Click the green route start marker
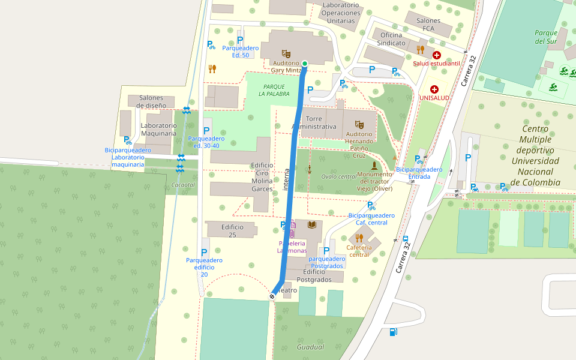point(305,64)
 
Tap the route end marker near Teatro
point(272,296)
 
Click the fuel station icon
point(393,332)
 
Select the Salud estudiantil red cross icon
point(436,55)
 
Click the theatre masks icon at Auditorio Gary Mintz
point(286,54)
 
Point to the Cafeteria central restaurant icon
point(359,238)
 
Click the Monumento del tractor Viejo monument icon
point(374,165)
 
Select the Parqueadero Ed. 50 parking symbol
point(241,40)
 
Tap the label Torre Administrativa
point(314,122)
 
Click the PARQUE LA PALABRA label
point(274,90)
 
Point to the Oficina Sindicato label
point(389,39)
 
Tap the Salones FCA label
point(428,25)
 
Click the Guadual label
point(310,347)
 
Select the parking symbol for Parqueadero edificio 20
point(204,253)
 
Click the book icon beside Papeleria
point(311,225)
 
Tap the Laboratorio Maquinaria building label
point(158,129)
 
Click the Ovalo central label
point(338,176)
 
